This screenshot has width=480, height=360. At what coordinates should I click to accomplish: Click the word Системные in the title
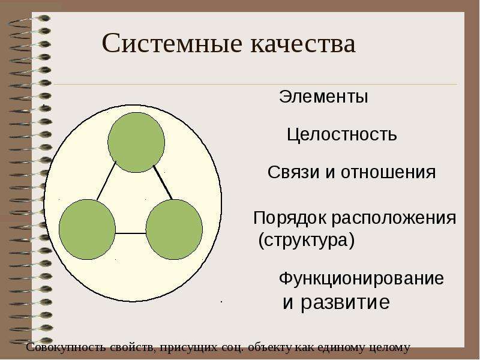pyautogui.click(x=172, y=43)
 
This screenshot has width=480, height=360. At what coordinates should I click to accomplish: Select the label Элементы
pyautogui.click(x=323, y=97)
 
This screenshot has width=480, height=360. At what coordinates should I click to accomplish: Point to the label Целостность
pyautogui.click(x=341, y=134)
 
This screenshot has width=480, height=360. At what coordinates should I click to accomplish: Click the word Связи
pyautogui.click(x=293, y=172)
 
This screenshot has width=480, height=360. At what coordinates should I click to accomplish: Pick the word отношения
pyautogui.click(x=388, y=172)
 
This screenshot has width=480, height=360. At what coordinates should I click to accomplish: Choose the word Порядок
pyautogui.click(x=290, y=218)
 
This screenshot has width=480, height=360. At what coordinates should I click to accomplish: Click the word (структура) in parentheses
pyautogui.click(x=307, y=240)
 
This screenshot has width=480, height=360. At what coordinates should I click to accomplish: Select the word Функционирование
pyautogui.click(x=361, y=278)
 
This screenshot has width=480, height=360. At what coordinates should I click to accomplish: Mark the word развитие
pyautogui.click(x=346, y=302)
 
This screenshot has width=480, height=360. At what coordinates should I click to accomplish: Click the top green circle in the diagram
pyautogui.click(x=136, y=142)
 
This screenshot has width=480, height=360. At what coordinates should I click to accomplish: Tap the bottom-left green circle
pyautogui.click(x=87, y=229)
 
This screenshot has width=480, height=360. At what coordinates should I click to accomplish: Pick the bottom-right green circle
pyautogui.click(x=174, y=229)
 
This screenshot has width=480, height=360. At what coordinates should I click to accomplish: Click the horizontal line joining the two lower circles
pyautogui.click(x=131, y=233)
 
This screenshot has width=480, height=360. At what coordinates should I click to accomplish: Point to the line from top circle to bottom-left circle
pyautogui.click(x=107, y=181)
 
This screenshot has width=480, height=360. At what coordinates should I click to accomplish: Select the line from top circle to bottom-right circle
pyautogui.click(x=163, y=183)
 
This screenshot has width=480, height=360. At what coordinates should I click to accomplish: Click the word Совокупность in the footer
pyautogui.click(x=67, y=347)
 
